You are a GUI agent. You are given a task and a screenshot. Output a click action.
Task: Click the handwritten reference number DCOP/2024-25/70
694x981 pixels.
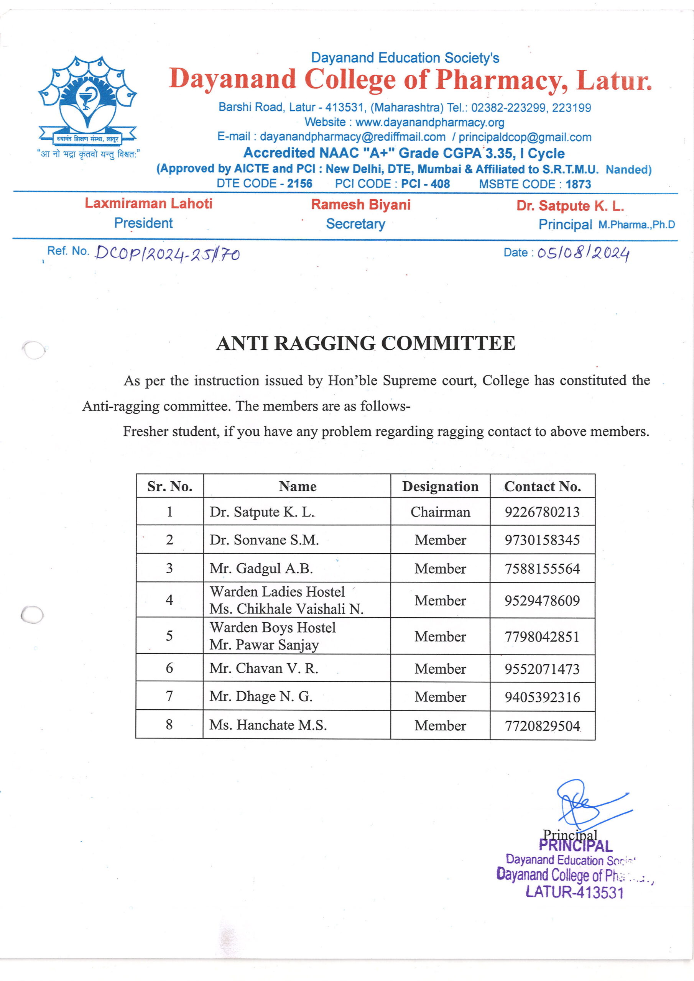point(167,254)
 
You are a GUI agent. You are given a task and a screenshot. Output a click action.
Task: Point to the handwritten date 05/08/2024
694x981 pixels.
point(583,253)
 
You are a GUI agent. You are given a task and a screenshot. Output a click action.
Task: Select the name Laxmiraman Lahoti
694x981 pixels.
point(148,203)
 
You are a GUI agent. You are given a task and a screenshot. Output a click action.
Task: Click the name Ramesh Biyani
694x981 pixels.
point(360,205)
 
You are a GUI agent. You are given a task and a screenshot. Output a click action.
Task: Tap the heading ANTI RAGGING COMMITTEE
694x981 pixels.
point(366,343)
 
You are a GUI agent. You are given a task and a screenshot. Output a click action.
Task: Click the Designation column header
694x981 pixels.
point(440,486)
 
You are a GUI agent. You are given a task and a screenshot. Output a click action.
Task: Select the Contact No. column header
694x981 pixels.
point(542,486)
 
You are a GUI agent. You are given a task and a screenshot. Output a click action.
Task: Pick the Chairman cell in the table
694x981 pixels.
point(440,512)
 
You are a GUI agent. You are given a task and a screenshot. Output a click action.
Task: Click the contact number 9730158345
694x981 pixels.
point(542,540)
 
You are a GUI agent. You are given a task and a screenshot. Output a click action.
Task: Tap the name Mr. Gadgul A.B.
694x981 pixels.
point(261,568)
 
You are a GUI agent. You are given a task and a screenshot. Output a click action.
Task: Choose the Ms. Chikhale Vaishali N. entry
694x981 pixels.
point(286,609)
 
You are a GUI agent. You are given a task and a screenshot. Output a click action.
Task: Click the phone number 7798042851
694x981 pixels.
point(542,637)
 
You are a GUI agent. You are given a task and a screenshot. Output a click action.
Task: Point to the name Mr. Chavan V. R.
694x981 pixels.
point(264,668)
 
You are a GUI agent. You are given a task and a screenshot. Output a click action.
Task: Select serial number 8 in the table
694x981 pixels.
point(169,725)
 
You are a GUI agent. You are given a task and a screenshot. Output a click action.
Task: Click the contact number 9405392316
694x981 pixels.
point(542,697)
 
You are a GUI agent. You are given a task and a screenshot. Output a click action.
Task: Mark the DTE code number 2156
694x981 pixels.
point(299,184)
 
